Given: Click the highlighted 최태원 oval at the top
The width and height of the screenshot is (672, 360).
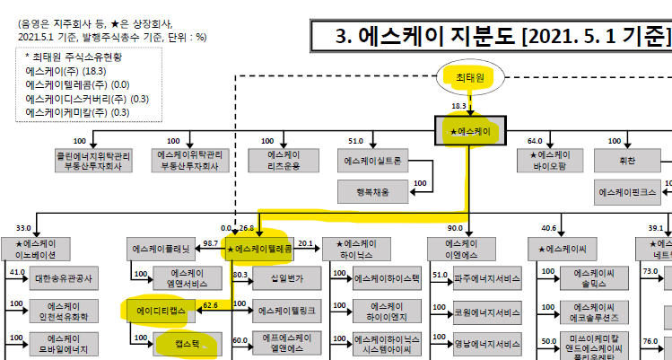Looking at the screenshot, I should pos(470,78).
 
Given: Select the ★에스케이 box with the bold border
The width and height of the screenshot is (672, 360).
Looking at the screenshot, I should pos(471,131).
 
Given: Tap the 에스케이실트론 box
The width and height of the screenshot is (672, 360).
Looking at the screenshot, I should pos(372,162).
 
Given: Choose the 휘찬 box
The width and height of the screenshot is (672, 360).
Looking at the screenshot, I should pos(628,162).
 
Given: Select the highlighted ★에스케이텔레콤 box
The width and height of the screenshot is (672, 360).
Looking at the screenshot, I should pos(257,248).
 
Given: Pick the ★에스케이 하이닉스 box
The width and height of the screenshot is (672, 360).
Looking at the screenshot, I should pos(356,249).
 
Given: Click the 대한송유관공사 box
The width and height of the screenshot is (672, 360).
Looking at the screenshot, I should pos(64,279).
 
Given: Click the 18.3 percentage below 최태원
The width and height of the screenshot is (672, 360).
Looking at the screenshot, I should pos(458,106).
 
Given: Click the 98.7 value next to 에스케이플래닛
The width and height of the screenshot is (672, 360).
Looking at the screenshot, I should pos(212,243).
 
